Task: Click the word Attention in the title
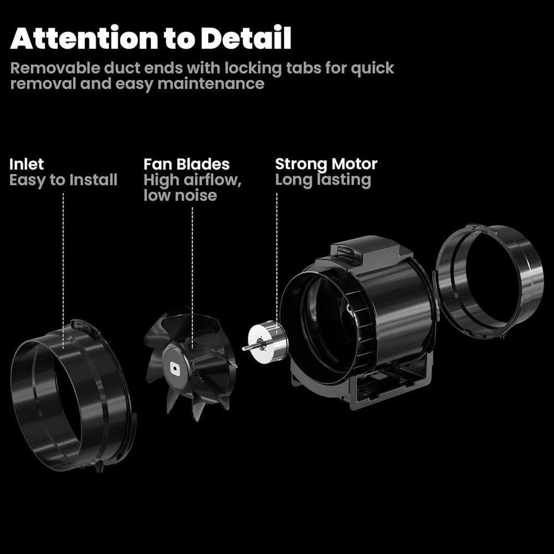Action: pyautogui.click(x=84, y=38)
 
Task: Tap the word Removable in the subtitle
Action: pyautogui.click(x=55, y=68)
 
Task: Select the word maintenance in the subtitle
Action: pyautogui.click(x=211, y=84)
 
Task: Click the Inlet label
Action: pyautogui.click(x=27, y=165)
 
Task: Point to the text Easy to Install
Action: pyautogui.click(x=63, y=180)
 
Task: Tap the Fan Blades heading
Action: pyautogui.click(x=187, y=165)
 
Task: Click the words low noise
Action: pyautogui.click(x=180, y=196)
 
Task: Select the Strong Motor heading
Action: pyautogui.click(x=326, y=164)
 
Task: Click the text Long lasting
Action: pyautogui.click(x=323, y=180)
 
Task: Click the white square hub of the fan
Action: pyautogui.click(x=175, y=368)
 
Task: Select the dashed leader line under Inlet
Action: pyautogui.click(x=63, y=271)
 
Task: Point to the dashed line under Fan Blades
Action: pyautogui.click(x=192, y=278)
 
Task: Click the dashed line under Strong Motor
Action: pyautogui.click(x=276, y=264)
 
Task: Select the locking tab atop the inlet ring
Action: pyautogui.click(x=85, y=326)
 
